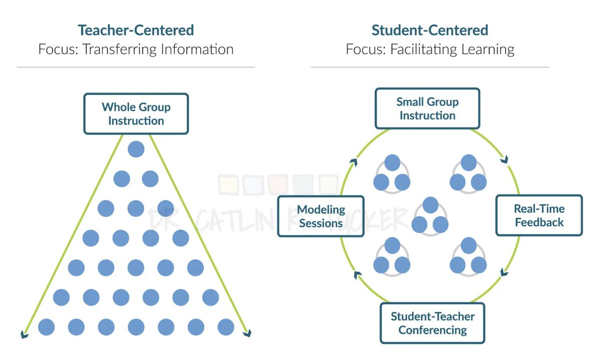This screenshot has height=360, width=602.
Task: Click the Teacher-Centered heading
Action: pyautogui.click(x=135, y=30)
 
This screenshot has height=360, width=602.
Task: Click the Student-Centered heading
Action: pyautogui.click(x=429, y=30)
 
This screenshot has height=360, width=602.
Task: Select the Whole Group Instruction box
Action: pyautogui.click(x=136, y=114)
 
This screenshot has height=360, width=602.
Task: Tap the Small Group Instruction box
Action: pyautogui.click(x=427, y=109)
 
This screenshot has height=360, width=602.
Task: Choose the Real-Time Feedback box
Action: pyautogui.click(x=539, y=216)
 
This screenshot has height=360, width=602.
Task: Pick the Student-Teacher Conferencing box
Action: pyautogui.click(x=432, y=323)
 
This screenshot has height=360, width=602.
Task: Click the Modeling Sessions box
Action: pyautogui.click(x=321, y=216)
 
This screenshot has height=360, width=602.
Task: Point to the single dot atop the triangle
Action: pyautogui.click(x=136, y=149)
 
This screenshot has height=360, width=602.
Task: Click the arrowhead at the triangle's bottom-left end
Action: pyautogui.click(x=23, y=333)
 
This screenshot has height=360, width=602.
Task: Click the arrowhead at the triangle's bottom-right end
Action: pyautogui.click(x=248, y=333)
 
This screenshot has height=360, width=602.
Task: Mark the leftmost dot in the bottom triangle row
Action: pyautogui.click(x=46, y=327)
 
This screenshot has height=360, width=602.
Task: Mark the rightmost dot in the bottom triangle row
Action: pyautogui.click(x=226, y=327)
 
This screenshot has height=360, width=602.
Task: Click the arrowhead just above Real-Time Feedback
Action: pyautogui.click(x=504, y=161)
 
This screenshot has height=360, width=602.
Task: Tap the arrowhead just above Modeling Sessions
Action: pyautogui.click(x=354, y=162)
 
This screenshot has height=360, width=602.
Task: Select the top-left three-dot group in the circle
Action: pyautogui.click(x=392, y=173)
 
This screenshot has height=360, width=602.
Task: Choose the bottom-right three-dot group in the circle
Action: pyautogui.click(x=468, y=256)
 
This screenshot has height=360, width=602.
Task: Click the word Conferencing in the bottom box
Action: pyautogui.click(x=432, y=330)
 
